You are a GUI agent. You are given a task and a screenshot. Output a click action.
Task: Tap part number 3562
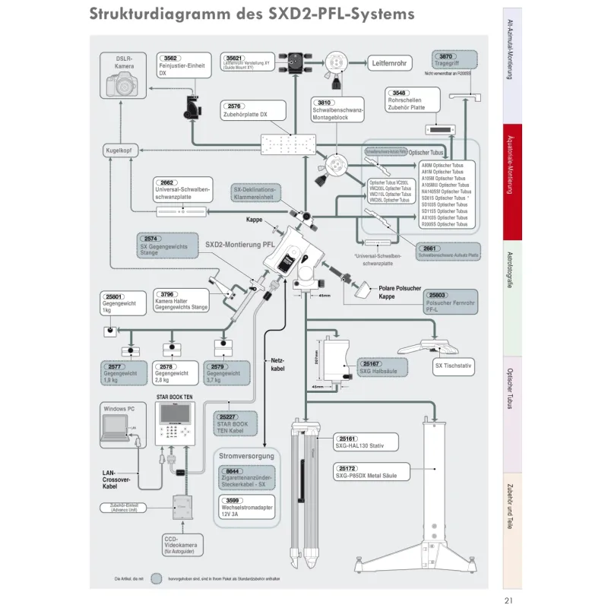[x=171, y=58]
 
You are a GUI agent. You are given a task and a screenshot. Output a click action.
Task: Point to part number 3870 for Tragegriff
[x=446, y=57]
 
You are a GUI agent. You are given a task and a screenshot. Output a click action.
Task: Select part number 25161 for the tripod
[x=347, y=439]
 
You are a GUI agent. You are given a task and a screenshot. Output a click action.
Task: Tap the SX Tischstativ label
[x=453, y=366]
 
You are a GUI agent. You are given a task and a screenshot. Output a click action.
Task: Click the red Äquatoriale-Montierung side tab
[x=512, y=182]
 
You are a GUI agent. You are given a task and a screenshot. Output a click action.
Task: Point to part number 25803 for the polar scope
[x=437, y=294]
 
